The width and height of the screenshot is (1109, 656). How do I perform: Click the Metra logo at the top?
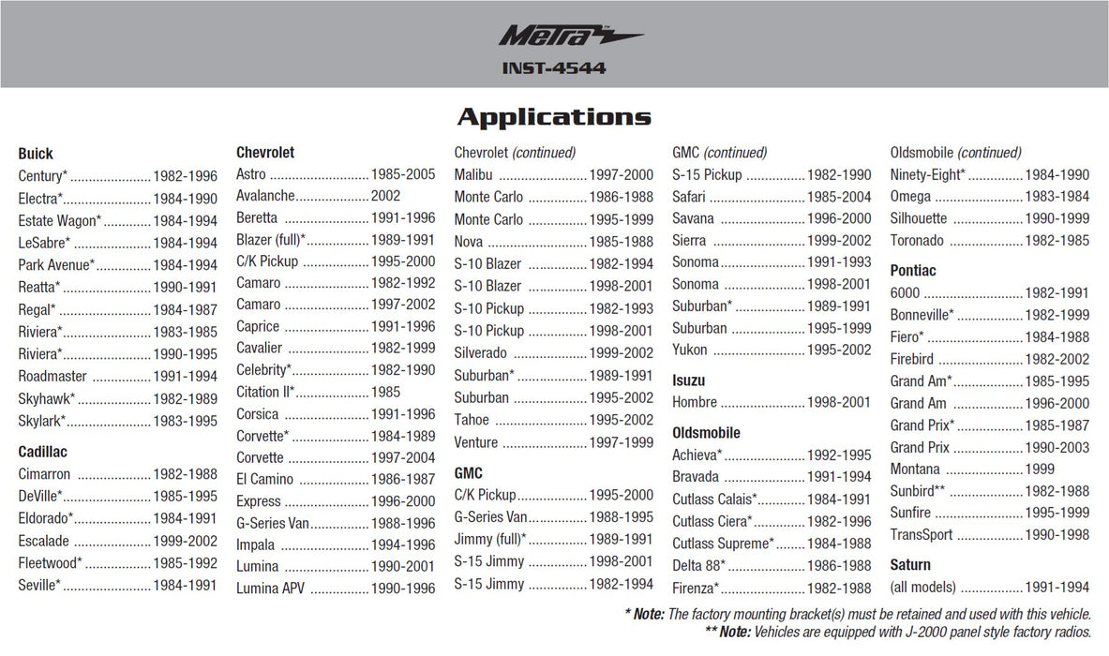pyautogui.click(x=569, y=37)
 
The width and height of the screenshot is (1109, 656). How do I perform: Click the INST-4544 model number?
pyautogui.click(x=554, y=68)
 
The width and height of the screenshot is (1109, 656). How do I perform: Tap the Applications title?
pyautogui.click(x=554, y=117)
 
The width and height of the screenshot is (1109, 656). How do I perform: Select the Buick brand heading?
pyautogui.click(x=36, y=154)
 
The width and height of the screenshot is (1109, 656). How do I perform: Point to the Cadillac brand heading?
pyautogui.click(x=42, y=452)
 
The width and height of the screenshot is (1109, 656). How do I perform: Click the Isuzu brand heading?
pyautogui.click(x=688, y=380)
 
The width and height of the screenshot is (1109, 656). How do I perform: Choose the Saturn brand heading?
pyautogui.click(x=910, y=565)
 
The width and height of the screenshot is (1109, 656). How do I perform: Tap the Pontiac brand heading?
pyautogui.click(x=913, y=271)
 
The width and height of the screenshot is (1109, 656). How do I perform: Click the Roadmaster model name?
pyautogui.click(x=52, y=377)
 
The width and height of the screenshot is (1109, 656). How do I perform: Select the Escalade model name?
pyautogui.click(x=43, y=541)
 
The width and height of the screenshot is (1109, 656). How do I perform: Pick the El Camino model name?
pyautogui.click(x=264, y=479)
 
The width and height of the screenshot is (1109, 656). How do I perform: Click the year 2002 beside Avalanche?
pyautogui.click(x=385, y=196)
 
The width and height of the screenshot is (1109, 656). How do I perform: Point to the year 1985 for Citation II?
pyautogui.click(x=385, y=392)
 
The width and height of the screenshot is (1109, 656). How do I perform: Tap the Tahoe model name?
pyautogui.click(x=472, y=420)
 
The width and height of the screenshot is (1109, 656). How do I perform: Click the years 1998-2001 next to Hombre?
pyautogui.click(x=839, y=402)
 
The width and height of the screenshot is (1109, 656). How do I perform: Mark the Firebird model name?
pyautogui.click(x=912, y=359)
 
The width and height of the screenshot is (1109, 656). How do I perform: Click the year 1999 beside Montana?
pyautogui.click(x=1040, y=469)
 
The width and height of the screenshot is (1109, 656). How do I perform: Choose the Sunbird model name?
pyautogui.click(x=911, y=491)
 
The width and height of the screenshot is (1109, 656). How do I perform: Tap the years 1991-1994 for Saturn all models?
pyautogui.click(x=1057, y=587)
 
